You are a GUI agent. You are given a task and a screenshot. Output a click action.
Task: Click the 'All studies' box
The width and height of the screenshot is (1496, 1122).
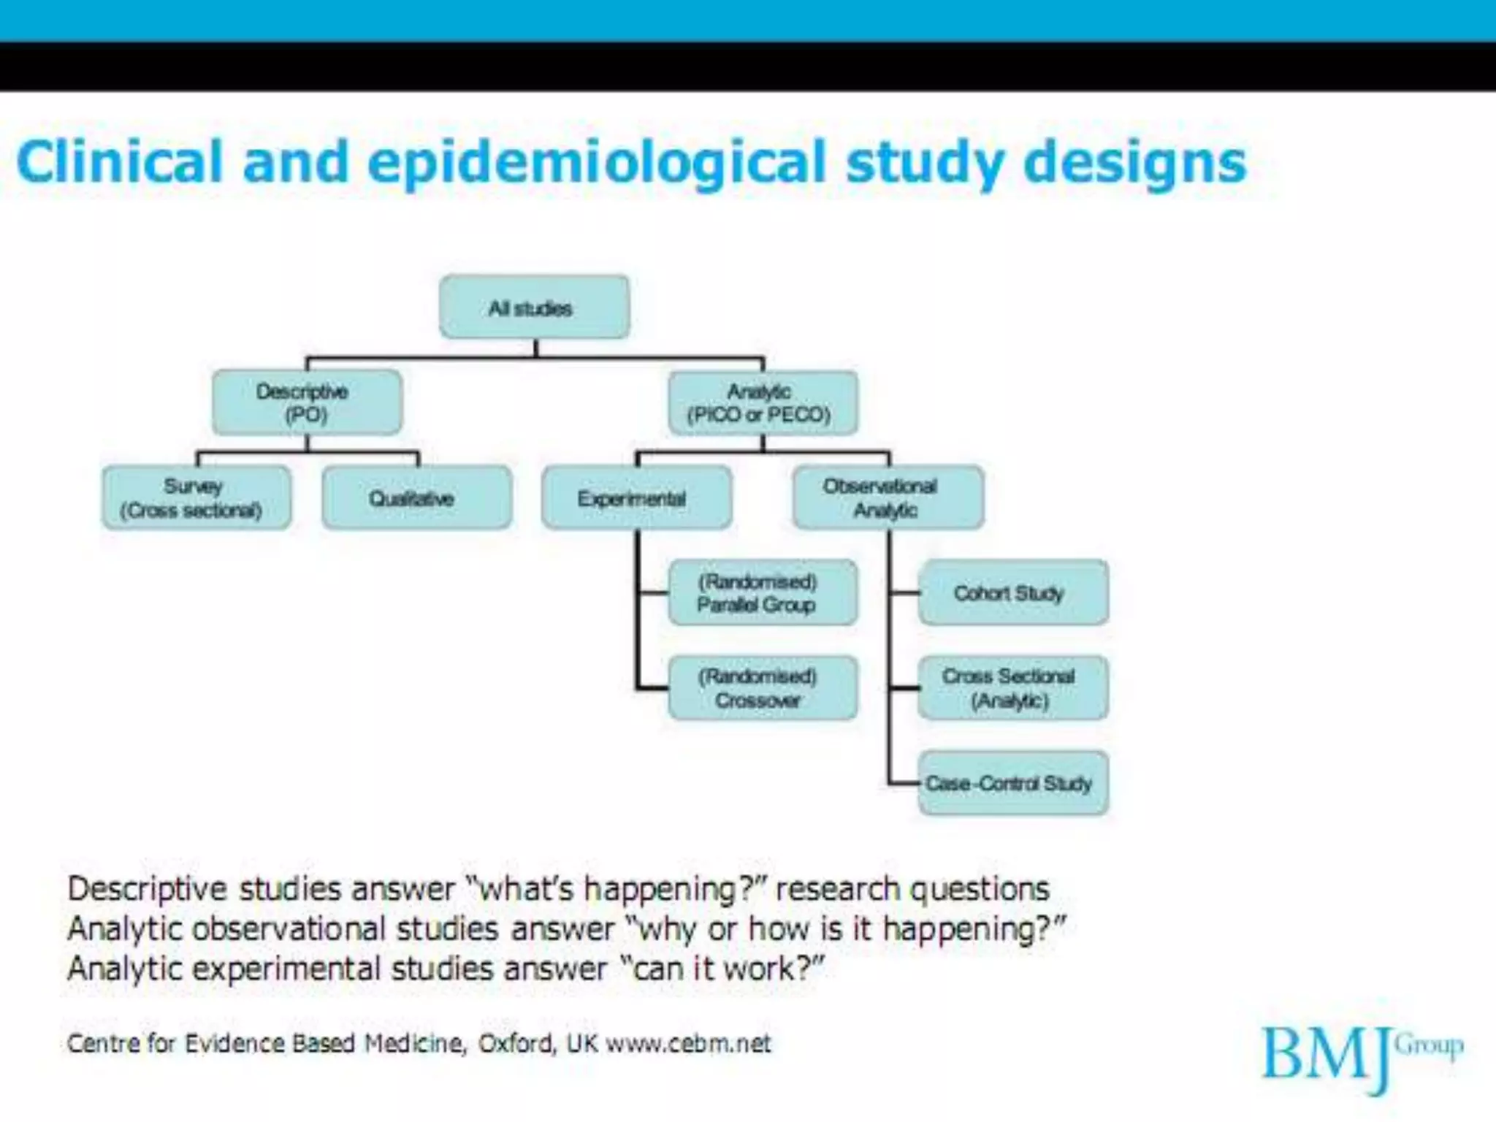[x=534, y=307]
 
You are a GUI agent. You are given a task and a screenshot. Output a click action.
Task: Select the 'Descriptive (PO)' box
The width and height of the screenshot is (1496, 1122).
[x=307, y=402]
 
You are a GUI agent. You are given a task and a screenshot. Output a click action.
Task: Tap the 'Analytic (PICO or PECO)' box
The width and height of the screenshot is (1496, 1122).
[x=763, y=402]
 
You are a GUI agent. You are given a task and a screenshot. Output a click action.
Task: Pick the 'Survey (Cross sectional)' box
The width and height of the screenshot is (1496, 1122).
[x=196, y=497]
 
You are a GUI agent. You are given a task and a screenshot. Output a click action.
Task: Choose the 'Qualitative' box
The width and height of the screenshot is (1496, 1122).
[x=416, y=498]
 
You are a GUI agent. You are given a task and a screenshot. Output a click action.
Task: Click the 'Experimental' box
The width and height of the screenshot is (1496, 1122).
[x=636, y=498]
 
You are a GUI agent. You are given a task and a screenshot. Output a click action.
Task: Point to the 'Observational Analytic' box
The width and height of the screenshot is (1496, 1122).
[x=888, y=497]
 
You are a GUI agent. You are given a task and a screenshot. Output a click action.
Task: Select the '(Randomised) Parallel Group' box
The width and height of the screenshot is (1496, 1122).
[x=763, y=592]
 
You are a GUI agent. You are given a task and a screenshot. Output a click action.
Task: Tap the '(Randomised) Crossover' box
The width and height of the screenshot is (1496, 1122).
[x=763, y=688]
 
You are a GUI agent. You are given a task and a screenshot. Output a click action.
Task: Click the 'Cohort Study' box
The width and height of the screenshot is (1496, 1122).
[x=1012, y=592]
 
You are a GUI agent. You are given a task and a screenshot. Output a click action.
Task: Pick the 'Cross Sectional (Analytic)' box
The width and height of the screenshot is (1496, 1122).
[x=1012, y=688]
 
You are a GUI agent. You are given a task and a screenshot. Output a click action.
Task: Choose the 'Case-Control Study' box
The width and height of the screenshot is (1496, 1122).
[x=1012, y=783]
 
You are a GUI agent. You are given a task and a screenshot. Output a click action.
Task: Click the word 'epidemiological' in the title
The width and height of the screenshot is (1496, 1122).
[x=596, y=163]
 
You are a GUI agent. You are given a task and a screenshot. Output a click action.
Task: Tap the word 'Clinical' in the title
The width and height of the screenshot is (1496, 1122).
[x=119, y=161]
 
